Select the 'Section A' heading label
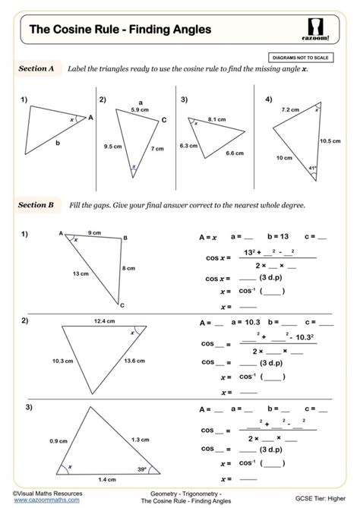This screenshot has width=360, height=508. (x=36, y=68)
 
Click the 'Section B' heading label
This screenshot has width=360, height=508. (x=36, y=205)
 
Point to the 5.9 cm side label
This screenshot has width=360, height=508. (x=140, y=111)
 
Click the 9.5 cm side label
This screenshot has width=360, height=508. (x=114, y=146)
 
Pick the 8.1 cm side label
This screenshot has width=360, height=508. (x=216, y=119)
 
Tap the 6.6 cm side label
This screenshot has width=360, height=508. (x=234, y=153)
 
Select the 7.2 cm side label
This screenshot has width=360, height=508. (x=290, y=110)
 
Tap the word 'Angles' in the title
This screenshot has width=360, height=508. (x=186, y=30)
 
